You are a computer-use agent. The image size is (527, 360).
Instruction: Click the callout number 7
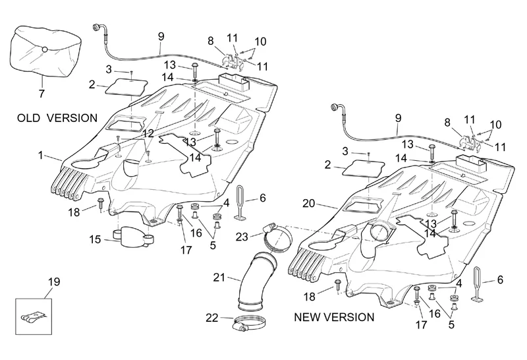click(x=42, y=94)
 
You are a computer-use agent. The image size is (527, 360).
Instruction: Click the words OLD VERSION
click(x=58, y=118)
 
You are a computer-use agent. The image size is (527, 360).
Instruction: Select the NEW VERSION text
click(x=334, y=317)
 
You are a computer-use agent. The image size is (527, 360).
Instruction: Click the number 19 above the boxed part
click(x=53, y=282)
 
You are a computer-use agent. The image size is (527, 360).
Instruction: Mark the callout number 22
click(x=211, y=317)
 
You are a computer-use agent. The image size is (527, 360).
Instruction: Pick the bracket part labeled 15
click(x=134, y=235)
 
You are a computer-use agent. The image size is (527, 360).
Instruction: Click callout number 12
click(x=148, y=133)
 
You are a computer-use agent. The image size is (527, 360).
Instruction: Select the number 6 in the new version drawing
click(x=500, y=280)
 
